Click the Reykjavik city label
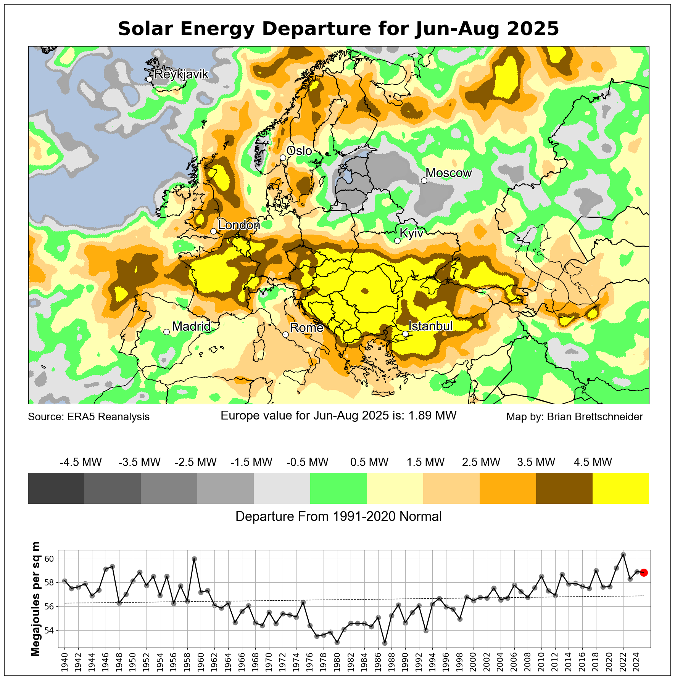pos(181,74)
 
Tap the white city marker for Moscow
pos(424,180)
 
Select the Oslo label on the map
pos(299,151)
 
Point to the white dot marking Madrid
pos(166,332)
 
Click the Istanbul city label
pos(430,326)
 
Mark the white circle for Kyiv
pos(397,241)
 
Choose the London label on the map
pos(239,225)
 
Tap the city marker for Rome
pos(285,334)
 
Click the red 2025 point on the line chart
pos(644,572)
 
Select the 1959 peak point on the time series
pos(194,559)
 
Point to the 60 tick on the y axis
pos(50,559)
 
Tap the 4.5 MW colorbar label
pos(593,462)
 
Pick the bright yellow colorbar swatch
pos(620,488)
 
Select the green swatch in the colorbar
pos(338,488)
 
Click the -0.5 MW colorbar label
pos(307,462)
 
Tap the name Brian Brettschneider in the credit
pos(595,417)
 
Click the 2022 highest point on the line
pos(623,555)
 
